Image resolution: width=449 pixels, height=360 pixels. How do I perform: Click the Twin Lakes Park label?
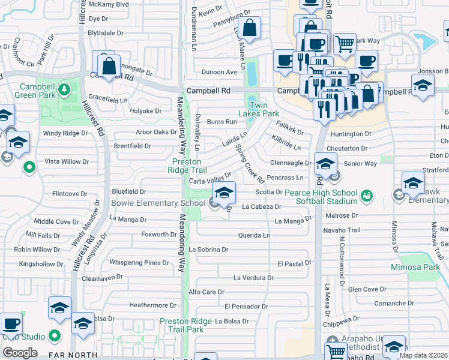pyautogui.click(x=259, y=109)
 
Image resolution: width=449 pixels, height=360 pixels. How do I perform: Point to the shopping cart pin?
pyautogui.click(x=345, y=44)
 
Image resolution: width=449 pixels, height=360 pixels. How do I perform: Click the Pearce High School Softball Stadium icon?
pyautogui.click(x=367, y=196)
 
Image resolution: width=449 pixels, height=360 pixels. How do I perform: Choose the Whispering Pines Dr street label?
pyautogui.click(x=139, y=263)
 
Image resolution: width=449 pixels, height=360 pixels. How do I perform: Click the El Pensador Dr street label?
pyautogui.click(x=243, y=307)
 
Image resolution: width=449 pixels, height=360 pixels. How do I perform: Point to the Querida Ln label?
pyautogui.click(x=253, y=235)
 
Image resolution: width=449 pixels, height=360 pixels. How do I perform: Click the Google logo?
pyautogui.click(x=19, y=353)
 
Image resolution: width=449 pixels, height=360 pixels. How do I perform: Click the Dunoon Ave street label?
pyautogui.click(x=220, y=72)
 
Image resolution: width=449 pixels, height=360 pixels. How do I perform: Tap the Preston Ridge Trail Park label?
pyautogui.click(x=185, y=325)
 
